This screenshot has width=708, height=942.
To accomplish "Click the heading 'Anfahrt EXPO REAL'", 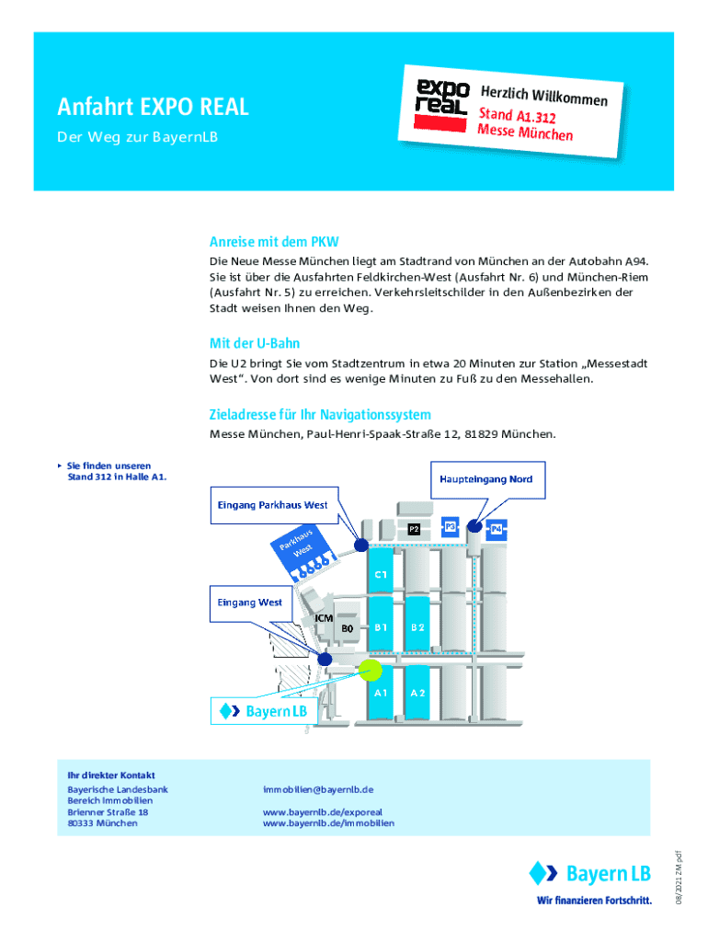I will tap(154, 108).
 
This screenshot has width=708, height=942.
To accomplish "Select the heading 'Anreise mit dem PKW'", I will tap(274, 243).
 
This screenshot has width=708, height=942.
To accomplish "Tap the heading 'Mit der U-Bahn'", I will tap(255, 344).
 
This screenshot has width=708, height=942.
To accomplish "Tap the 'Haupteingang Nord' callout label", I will tap(485, 479).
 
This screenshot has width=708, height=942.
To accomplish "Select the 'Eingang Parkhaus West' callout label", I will tap(272, 505).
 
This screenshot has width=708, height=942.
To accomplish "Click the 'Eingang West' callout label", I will tap(249, 603).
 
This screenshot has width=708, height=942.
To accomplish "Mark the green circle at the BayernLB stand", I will tap(371, 671).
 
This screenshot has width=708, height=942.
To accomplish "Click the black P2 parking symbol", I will tap(414, 529).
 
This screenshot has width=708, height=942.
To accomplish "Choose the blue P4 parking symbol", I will tap(497, 529).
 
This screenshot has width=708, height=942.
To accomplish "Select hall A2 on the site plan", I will tap(417, 692).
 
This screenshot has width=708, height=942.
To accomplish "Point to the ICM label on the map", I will tap(324, 618).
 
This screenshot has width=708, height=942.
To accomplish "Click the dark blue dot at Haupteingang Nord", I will tap(474, 526).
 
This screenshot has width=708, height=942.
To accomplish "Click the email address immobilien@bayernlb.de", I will tap(317, 789).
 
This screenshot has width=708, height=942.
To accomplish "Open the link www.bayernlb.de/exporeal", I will tap(322, 812).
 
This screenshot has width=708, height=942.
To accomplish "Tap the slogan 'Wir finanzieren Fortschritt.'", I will tap(594, 900).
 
